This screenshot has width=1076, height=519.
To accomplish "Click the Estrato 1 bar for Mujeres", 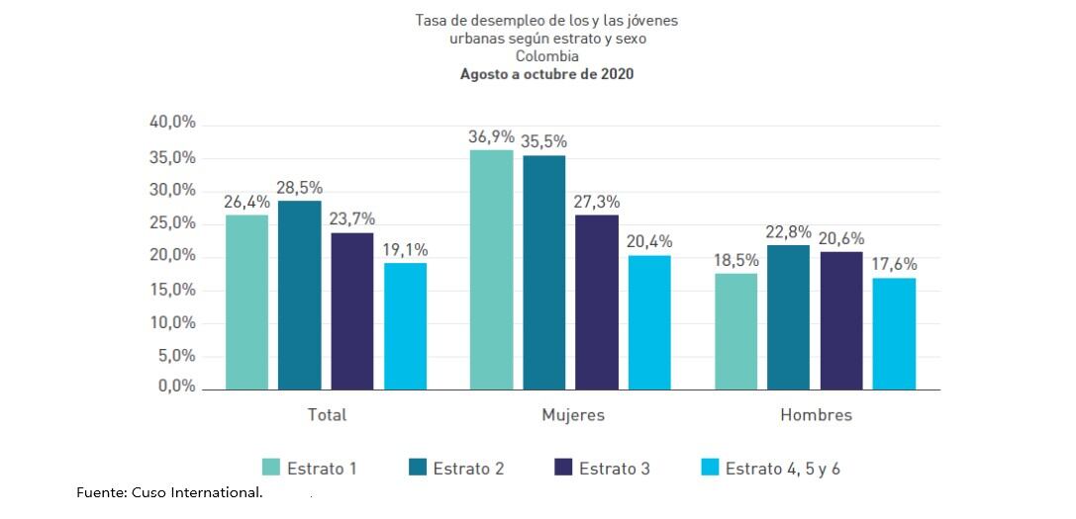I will (491, 270).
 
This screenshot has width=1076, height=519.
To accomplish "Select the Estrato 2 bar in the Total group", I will (299, 295).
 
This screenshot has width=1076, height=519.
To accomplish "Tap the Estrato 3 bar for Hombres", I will (840, 320).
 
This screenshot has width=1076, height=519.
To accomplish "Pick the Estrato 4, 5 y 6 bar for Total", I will (406, 325).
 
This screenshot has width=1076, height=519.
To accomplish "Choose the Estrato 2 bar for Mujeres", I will (544, 272).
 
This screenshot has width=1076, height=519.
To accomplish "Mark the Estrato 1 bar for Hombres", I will (735, 331).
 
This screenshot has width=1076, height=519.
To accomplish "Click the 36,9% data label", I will (492, 136).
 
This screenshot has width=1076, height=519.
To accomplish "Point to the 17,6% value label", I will (894, 264).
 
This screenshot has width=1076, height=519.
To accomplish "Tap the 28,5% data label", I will (300, 188).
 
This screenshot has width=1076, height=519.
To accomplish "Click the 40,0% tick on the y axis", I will (172, 123).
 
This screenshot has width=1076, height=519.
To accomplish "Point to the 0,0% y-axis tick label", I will (176, 387).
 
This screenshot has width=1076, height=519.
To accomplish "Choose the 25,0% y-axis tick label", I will (172, 223).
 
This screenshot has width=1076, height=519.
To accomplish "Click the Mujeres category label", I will (572, 415).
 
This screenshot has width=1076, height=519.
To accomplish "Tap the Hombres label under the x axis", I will (816, 415).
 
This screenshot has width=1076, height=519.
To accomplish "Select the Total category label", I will (327, 415).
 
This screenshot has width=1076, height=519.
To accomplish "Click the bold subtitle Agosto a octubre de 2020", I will (546, 75).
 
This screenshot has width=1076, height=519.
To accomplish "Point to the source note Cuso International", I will (169, 492).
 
